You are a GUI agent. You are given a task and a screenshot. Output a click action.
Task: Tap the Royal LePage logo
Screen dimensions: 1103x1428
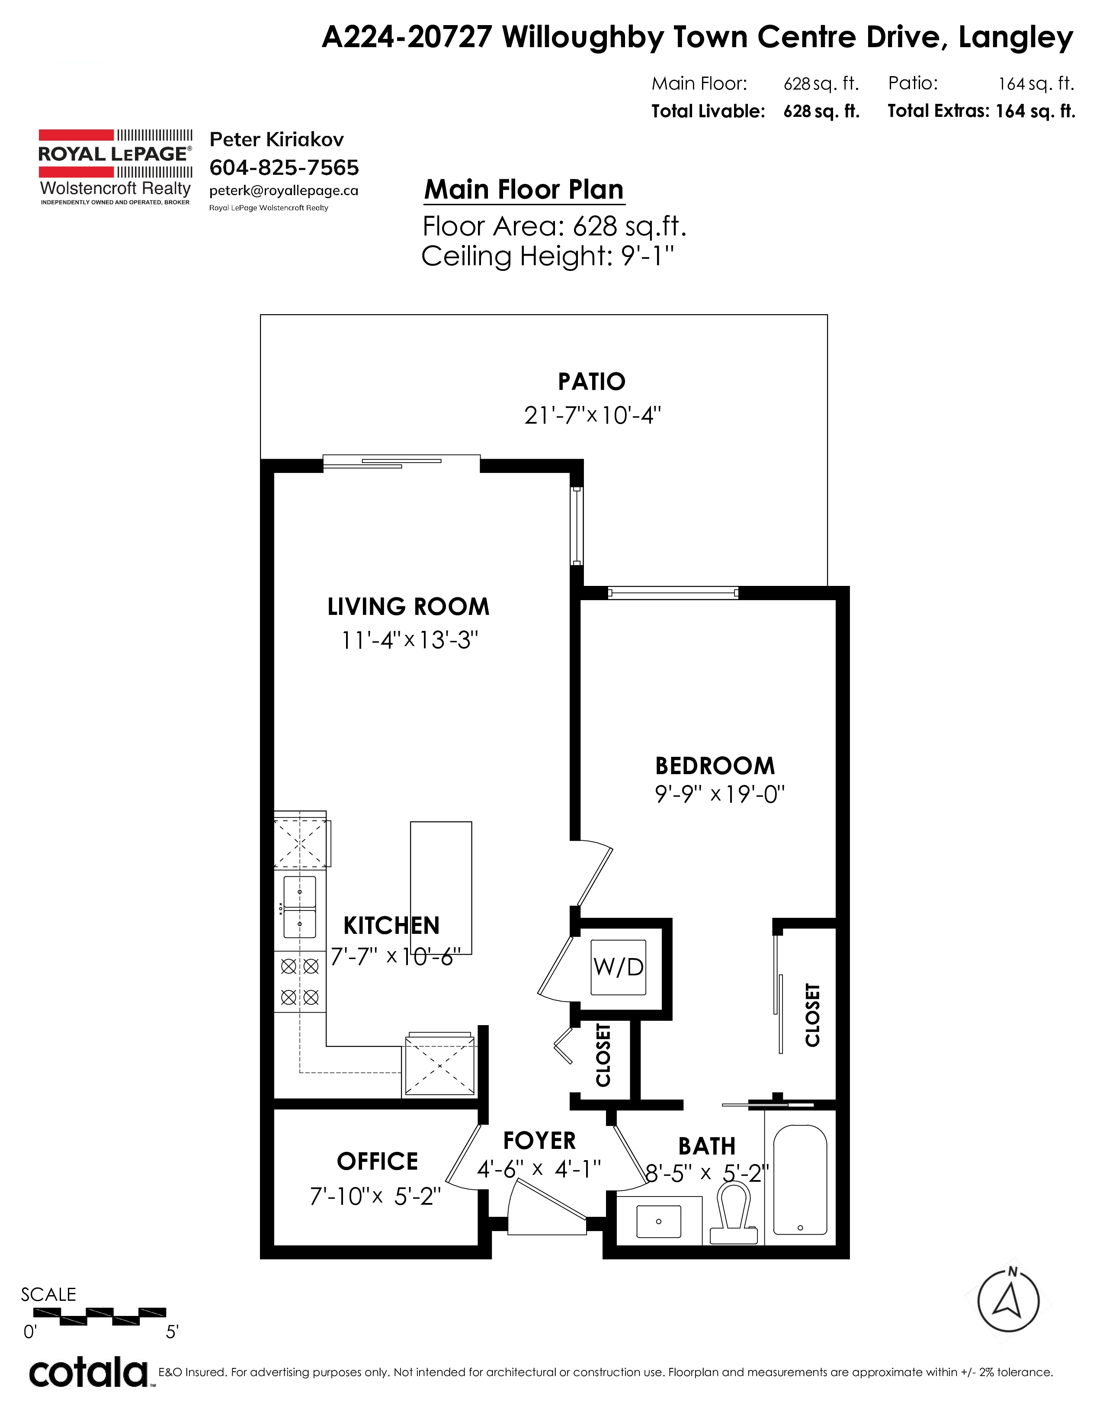pos(115,167)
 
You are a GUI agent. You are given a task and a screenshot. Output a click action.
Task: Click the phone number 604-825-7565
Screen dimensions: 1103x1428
pos(284,167)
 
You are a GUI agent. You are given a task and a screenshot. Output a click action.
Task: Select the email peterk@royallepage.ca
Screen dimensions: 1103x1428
pos(284,191)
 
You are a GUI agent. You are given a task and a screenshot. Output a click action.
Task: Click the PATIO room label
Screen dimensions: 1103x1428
pos(591,381)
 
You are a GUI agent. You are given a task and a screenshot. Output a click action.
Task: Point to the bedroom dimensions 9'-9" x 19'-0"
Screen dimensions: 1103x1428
pos(719,794)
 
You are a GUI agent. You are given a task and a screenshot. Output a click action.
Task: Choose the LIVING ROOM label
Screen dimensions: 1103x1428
pos(408,606)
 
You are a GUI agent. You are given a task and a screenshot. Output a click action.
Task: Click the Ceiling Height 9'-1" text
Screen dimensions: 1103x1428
pos(548,256)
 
